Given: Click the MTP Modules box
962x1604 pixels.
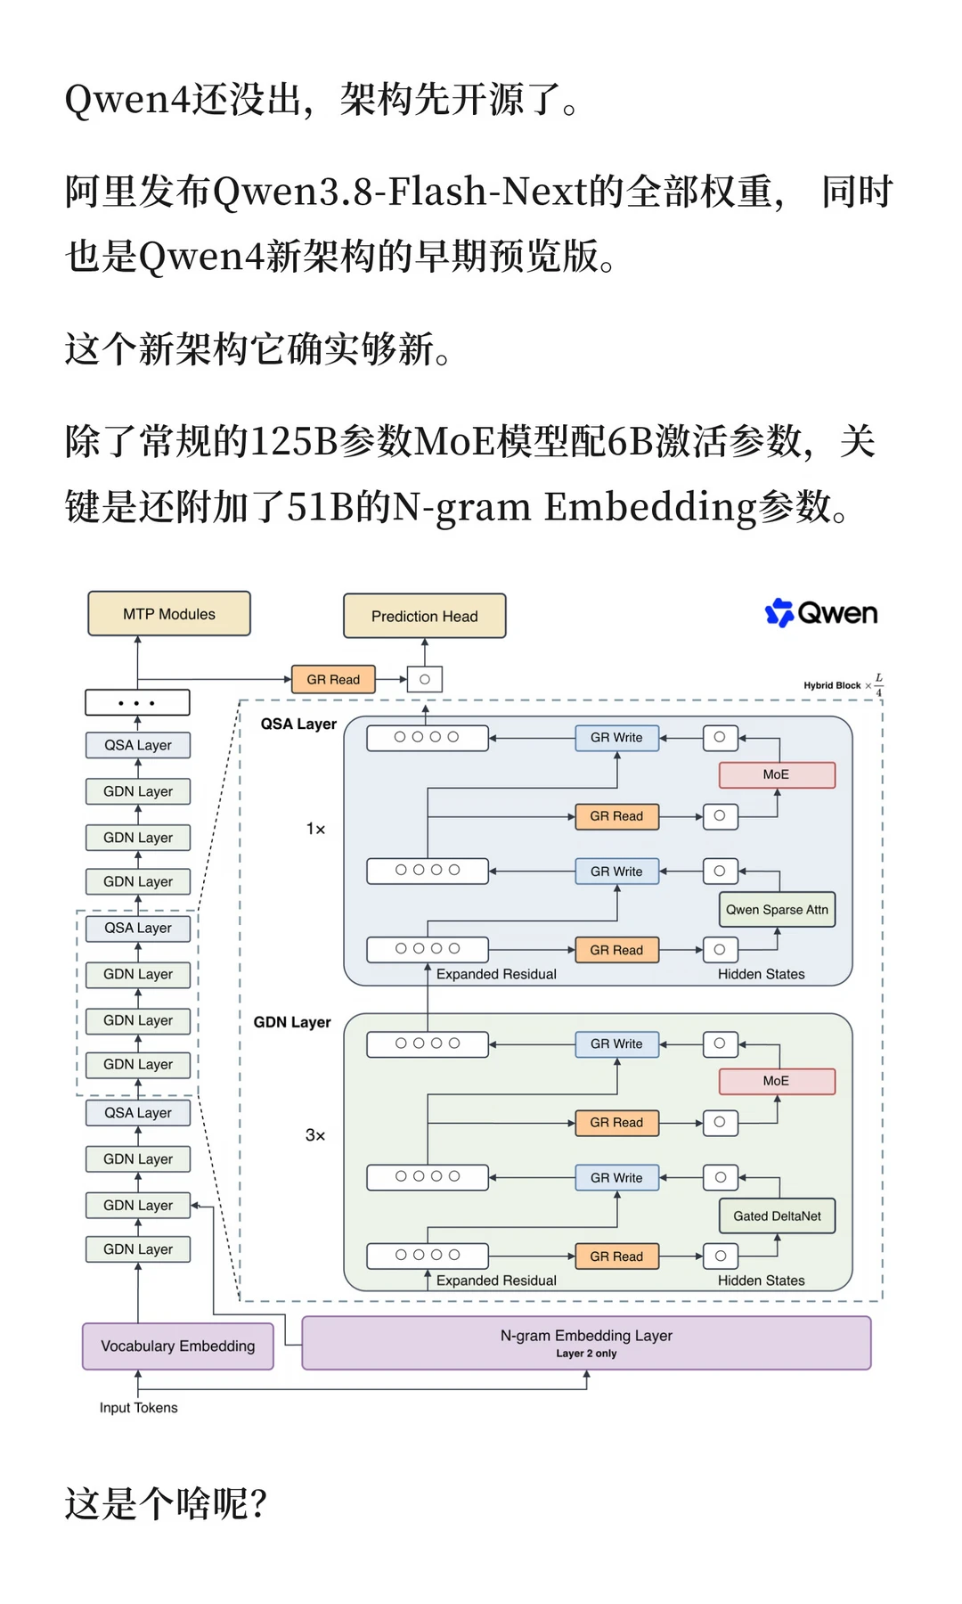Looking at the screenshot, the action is pyautogui.click(x=169, y=614).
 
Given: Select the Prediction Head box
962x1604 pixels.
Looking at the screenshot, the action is pyautogui.click(x=425, y=617).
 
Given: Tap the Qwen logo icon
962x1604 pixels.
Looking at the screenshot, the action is pyautogui.click(x=779, y=612).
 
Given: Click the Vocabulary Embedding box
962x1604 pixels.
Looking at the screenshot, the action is pyautogui.click(x=178, y=1346).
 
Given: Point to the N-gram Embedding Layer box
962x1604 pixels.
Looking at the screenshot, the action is pyautogui.click(x=586, y=1343).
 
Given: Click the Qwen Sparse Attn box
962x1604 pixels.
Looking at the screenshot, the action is pyautogui.click(x=777, y=910).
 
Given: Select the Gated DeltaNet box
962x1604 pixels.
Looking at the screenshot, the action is pyautogui.click(x=777, y=1216).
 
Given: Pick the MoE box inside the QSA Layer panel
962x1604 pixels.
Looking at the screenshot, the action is pyautogui.click(x=777, y=775).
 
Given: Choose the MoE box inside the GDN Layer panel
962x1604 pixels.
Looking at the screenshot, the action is pyautogui.click(x=777, y=1081).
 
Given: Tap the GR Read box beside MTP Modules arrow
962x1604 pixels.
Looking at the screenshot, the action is pyautogui.click(x=333, y=680).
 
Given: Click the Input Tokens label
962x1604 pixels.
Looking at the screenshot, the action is pyautogui.click(x=138, y=1408).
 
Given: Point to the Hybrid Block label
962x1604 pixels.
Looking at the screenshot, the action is pyautogui.click(x=832, y=685).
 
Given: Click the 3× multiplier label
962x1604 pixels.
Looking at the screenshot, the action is pyautogui.click(x=315, y=1135).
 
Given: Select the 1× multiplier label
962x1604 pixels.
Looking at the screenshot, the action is pyautogui.click(x=315, y=829).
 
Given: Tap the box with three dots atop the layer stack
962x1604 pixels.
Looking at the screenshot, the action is pyautogui.click(x=137, y=703).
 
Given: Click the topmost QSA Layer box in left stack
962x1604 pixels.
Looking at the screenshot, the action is pyautogui.click(x=138, y=745).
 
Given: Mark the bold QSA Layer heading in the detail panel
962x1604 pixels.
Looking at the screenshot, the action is pyautogui.click(x=298, y=724).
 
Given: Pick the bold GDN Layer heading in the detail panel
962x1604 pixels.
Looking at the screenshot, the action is pyautogui.click(x=292, y=1022).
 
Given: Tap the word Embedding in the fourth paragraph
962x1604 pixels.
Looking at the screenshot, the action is pyautogui.click(x=650, y=507).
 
